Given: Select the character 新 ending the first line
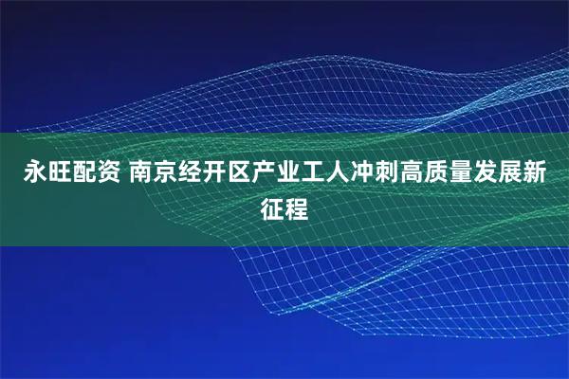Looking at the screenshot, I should point(545,172).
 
